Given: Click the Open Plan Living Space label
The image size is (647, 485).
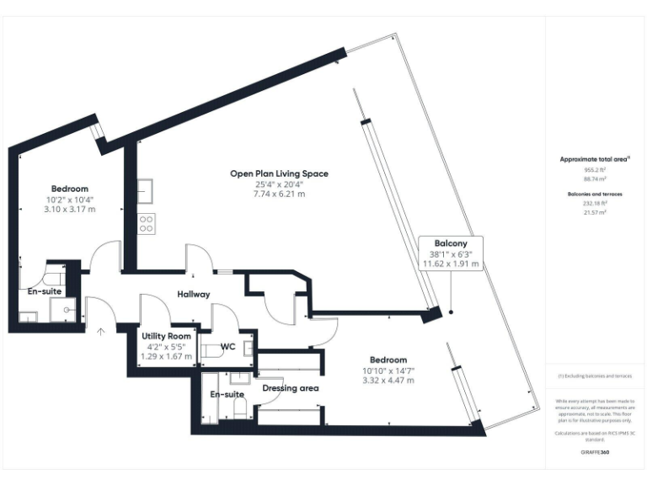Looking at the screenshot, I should coord(279,173).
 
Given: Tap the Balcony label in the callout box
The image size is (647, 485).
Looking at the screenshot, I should coord(451,242).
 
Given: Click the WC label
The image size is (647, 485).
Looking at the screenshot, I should coord(227,346).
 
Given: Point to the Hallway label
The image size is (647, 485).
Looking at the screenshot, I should coord(193,294).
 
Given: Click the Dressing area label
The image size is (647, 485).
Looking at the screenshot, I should coord(289,389).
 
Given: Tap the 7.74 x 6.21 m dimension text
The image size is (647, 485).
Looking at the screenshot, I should coord(279,194).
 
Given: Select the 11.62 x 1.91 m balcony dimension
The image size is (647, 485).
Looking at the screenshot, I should coord(451,264).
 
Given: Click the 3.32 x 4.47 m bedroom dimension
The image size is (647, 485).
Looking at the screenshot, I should coord(388,380).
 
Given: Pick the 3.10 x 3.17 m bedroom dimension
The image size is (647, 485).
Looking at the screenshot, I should coord(69,209).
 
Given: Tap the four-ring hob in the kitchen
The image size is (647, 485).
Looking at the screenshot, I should coord(147,223).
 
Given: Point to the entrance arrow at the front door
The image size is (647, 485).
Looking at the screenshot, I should coord(100,331).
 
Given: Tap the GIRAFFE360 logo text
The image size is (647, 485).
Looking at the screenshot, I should coord(594,453).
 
